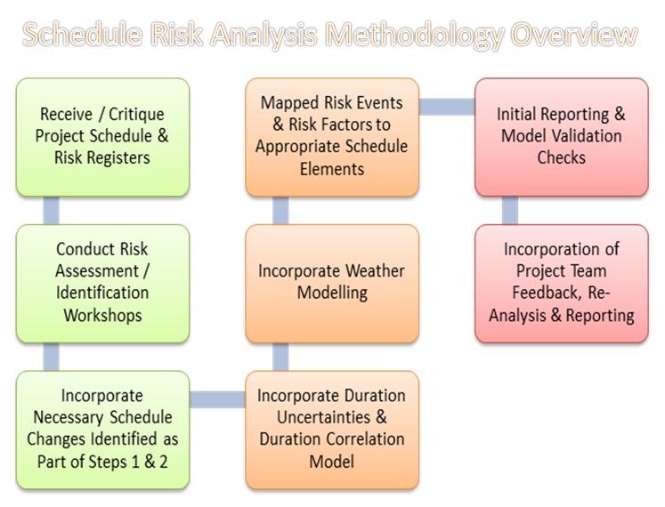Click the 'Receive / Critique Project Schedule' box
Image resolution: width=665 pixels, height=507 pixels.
102,136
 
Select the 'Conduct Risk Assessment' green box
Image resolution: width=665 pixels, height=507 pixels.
102,282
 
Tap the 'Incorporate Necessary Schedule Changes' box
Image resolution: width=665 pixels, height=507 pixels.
102,429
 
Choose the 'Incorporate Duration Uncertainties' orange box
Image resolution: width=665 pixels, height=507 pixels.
332,429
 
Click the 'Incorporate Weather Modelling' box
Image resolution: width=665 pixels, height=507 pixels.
332,282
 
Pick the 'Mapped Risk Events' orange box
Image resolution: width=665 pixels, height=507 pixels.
332,136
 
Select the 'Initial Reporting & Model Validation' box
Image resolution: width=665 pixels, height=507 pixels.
561,136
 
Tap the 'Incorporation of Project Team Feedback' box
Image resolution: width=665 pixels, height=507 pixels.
561,282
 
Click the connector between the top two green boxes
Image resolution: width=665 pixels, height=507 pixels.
52,210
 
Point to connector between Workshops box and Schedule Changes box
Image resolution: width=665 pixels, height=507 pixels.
52,357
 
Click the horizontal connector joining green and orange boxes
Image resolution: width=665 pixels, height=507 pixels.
217,399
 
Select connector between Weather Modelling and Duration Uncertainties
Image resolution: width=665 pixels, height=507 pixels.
280,357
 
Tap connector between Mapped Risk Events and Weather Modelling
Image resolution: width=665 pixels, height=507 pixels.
280,210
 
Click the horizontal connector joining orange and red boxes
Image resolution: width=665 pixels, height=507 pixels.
446,107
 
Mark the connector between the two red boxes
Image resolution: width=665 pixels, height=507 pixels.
510,210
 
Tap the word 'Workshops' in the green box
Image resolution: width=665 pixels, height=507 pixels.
102,315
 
